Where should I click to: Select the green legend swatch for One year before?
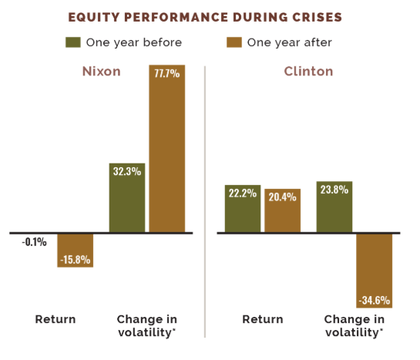pyautogui.click(x=74, y=41)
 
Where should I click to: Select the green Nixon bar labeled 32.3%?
pyautogui.click(x=127, y=197)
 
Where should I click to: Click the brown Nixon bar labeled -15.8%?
pyautogui.click(x=75, y=250)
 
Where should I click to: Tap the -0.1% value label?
pyautogui.click(x=34, y=242)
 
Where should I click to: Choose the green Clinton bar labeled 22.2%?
pyautogui.click(x=243, y=209)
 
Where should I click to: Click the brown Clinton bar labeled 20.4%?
pyautogui.click(x=282, y=210)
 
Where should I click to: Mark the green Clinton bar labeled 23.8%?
pyautogui.click(x=334, y=207)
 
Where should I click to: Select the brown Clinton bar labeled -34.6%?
pyautogui.click(x=374, y=270)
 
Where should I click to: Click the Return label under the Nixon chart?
pyautogui.click(x=55, y=319)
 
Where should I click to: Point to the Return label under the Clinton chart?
pyautogui.click(x=262, y=319)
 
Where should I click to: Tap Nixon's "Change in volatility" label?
pyautogui.click(x=146, y=325)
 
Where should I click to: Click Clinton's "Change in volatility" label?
pyautogui.click(x=354, y=325)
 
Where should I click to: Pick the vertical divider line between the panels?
pyautogui.click(x=205, y=200)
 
